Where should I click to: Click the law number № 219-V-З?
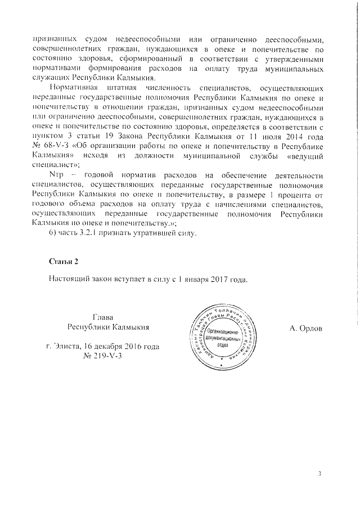103,357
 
